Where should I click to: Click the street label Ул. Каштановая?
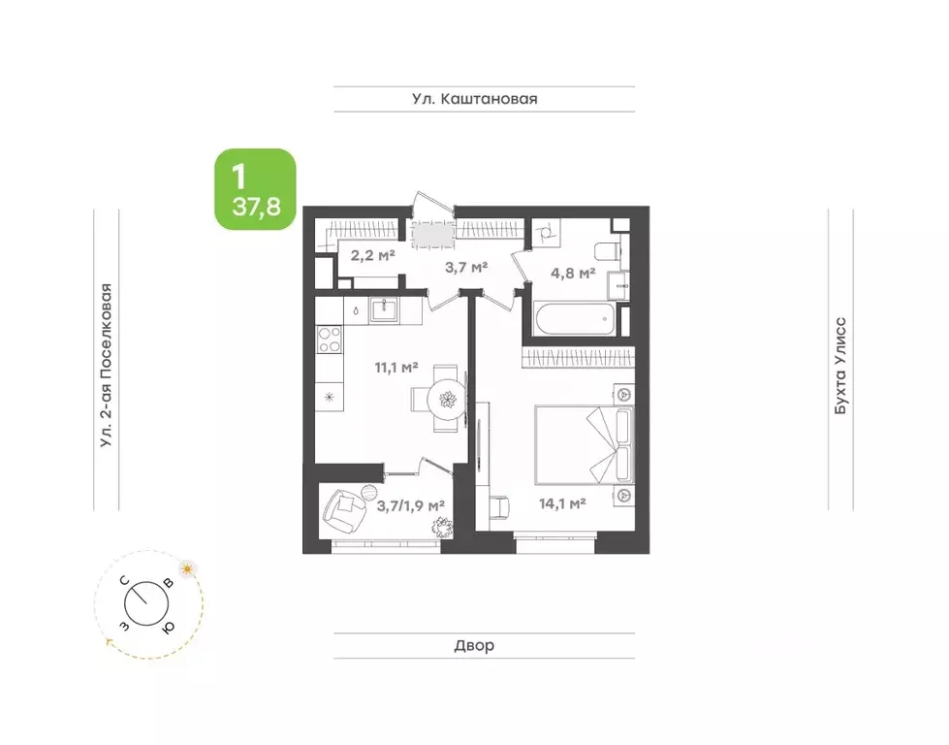click(475, 99)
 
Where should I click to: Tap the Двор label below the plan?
click(474, 646)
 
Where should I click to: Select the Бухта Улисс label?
click(840, 366)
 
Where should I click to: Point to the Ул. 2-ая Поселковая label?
click(107, 366)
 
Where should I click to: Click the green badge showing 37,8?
click(255, 189)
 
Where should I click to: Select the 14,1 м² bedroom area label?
click(562, 502)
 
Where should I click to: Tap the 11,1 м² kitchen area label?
click(396, 367)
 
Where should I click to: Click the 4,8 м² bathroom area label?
click(573, 274)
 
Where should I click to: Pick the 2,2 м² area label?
click(373, 255)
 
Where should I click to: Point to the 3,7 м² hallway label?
click(466, 267)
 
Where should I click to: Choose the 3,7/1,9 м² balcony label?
click(411, 505)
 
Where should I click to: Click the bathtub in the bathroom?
click(575, 318)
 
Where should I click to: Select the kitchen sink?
click(383, 310)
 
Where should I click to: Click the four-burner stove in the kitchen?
click(330, 340)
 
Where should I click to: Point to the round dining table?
click(447, 399)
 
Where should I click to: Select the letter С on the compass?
click(124, 581)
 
